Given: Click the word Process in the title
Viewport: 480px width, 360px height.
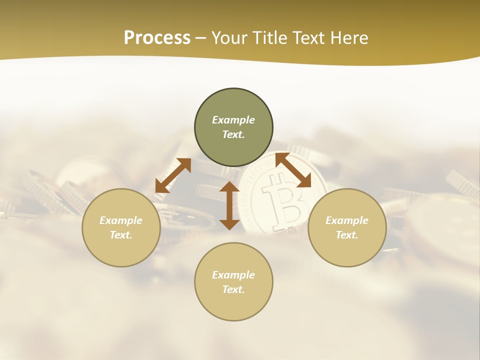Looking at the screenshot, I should coord(157,38).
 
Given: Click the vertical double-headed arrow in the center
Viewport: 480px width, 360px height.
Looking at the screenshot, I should coord(229,205).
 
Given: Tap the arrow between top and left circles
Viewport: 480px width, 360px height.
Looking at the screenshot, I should coord(173,175).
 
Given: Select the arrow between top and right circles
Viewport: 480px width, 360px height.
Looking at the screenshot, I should coord(293,170).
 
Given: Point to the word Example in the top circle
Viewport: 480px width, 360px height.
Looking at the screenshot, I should coord(233,120).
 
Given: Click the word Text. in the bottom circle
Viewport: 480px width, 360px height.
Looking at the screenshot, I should coord(233,289).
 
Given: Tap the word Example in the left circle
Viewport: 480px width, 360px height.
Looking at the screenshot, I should coord(121,220).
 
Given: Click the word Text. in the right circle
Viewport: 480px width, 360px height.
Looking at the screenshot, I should coord(347,235).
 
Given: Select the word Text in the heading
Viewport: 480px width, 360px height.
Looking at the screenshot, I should coord(307,38).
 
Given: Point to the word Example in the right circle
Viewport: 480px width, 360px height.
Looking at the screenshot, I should coord(347,220).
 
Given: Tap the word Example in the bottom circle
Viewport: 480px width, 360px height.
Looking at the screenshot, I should coord(233,275).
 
